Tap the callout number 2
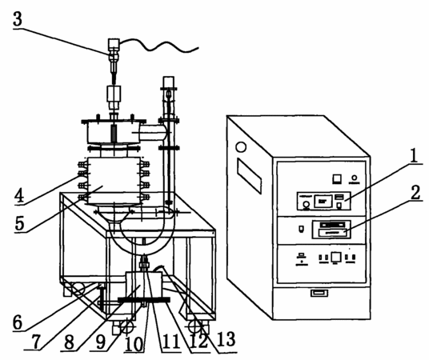415,193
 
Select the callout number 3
18,19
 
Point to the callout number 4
19,196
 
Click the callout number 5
19,223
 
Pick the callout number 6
18,322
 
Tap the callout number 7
36,342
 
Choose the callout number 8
69,342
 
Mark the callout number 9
101,342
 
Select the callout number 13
227,339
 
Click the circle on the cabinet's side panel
241,147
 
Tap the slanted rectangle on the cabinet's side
249,176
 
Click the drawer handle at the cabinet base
319,294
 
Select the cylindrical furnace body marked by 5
114,181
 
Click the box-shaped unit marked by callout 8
144,285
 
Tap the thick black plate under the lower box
143,300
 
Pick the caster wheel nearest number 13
194,326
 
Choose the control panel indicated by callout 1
323,201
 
